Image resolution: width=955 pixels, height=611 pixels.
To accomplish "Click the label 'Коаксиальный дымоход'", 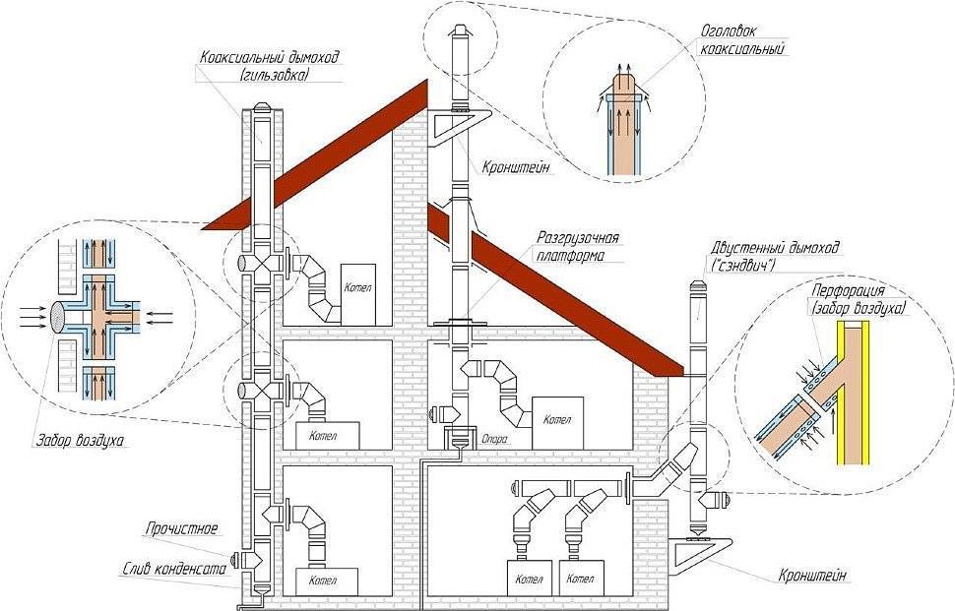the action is [x=269, y=58].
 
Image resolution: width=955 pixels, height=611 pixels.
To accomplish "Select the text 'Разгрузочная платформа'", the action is [x=577, y=245].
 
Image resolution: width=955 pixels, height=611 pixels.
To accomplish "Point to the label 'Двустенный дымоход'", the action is [x=775, y=248].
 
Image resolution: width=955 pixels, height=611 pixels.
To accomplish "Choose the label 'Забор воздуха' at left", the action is [x=82, y=440].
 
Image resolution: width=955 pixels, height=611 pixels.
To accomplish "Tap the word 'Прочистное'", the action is [x=181, y=528].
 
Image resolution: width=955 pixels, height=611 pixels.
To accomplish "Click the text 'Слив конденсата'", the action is [x=174, y=569].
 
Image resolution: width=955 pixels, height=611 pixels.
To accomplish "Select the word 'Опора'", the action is [x=494, y=438].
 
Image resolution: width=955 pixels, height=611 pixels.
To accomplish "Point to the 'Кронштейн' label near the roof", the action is [x=517, y=166].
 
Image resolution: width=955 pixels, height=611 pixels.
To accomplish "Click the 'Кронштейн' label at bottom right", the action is [x=812, y=576].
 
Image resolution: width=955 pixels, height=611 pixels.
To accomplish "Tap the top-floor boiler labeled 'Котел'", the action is [x=358, y=294].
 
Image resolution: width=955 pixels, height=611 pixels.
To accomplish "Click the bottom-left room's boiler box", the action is [x=327, y=581].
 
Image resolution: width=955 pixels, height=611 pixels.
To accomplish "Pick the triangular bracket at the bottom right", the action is [x=700, y=556].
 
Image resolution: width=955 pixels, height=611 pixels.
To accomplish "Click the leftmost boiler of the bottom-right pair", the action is [x=528, y=579].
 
